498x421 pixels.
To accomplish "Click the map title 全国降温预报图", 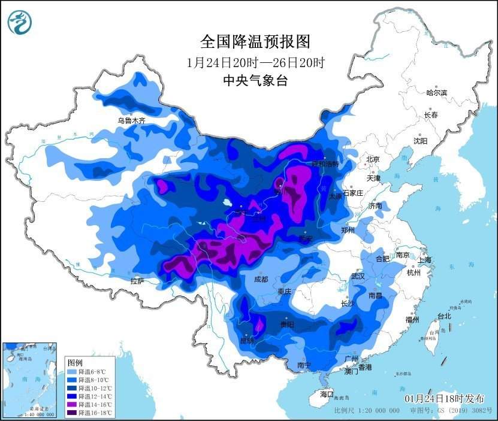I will (255, 41).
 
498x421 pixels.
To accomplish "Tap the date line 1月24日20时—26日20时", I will (255, 62).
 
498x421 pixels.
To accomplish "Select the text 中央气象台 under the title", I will (255, 81).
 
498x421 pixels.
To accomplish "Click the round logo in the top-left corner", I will (20, 23).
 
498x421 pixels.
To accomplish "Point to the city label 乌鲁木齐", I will (131, 120).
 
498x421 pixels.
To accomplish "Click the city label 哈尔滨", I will (436, 93).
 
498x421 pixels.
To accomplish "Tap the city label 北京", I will (373, 159).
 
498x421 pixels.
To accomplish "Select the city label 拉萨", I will (137, 281).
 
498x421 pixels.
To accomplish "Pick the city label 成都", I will (261, 279).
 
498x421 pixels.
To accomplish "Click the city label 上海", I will (425, 260).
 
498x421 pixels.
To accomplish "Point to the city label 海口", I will (326, 395).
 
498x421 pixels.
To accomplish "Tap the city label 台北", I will (444, 316).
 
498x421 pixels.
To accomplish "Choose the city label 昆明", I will (247, 340).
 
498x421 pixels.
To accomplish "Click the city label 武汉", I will (358, 277).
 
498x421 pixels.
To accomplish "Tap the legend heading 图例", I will (75, 363).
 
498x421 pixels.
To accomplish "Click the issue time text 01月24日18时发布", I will (443, 399).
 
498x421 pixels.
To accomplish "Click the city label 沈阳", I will (420, 141).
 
